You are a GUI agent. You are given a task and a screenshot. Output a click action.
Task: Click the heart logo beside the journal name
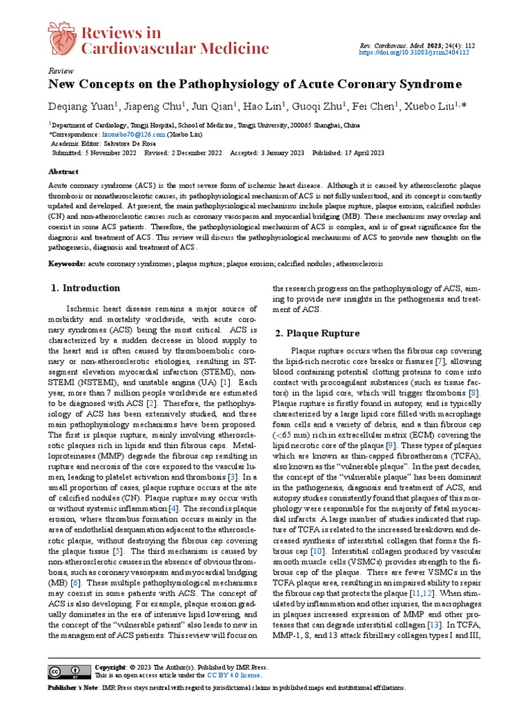point(62,39)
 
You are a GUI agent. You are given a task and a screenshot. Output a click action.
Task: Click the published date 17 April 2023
point(359,153)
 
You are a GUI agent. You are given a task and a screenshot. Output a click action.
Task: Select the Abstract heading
point(63,171)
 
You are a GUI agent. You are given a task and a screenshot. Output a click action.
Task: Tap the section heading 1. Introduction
point(86,288)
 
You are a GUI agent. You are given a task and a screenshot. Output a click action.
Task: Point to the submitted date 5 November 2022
point(110,153)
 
